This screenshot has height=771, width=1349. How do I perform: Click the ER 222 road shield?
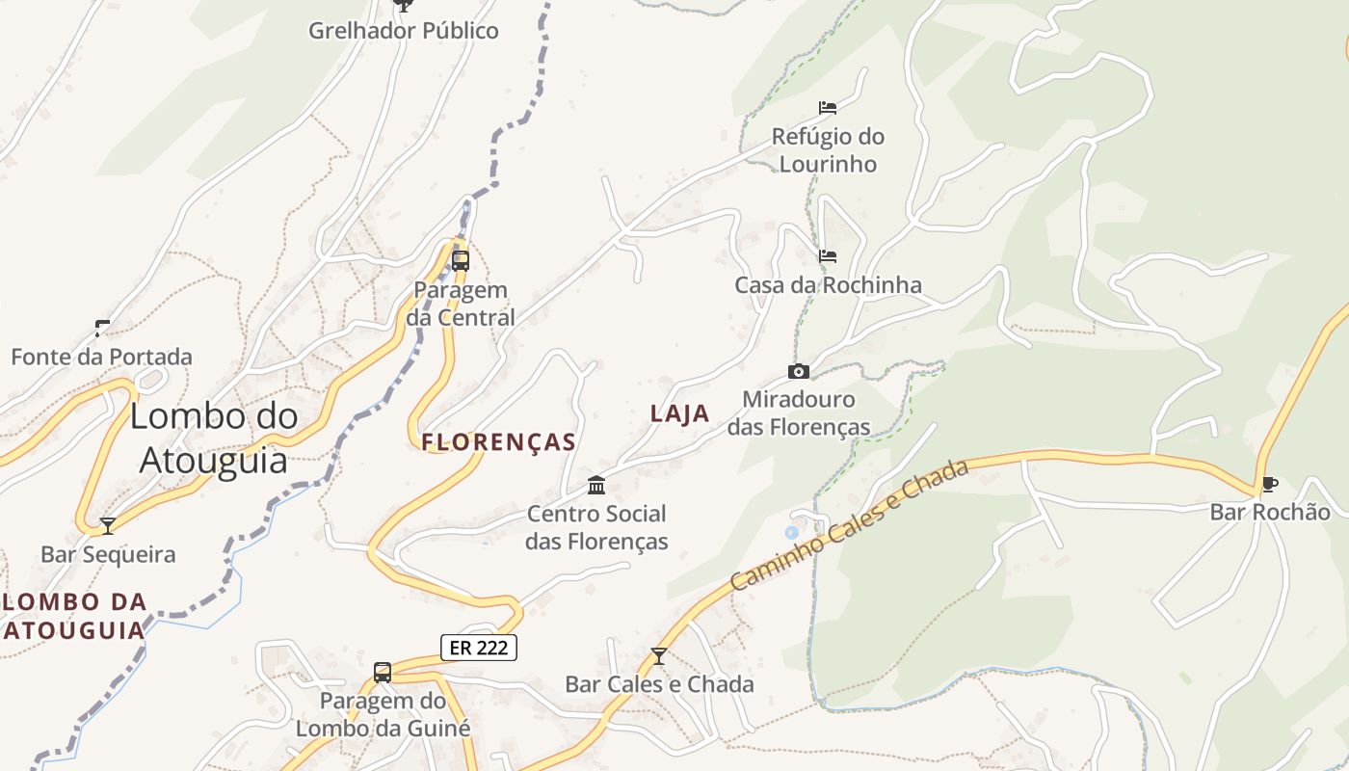(x=479, y=648)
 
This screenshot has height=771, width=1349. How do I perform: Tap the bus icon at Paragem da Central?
(x=461, y=260)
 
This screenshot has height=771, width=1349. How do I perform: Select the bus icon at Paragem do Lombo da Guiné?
(x=383, y=672)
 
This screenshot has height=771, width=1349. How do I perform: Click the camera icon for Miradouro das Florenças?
(x=798, y=371)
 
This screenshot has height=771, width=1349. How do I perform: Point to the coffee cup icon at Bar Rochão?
(x=1269, y=484)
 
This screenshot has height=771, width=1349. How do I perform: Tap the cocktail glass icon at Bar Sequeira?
(x=108, y=525)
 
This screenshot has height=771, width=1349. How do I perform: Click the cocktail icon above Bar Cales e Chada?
(x=659, y=656)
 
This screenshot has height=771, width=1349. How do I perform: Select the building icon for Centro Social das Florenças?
(x=596, y=485)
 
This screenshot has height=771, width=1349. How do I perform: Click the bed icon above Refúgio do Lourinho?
(x=828, y=107)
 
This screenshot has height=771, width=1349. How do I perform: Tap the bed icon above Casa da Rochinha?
(x=828, y=256)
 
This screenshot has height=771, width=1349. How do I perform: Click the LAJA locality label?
(x=679, y=413)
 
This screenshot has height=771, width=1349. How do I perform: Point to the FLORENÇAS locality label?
(x=498, y=442)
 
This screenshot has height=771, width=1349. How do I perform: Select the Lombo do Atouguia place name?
(x=214, y=439)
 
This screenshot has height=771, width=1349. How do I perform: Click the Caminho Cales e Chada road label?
(x=848, y=526)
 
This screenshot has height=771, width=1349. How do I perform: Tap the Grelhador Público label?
(x=404, y=31)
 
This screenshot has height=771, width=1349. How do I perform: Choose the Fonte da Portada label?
(x=101, y=357)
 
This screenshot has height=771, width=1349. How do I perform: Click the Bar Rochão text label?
(x=1270, y=512)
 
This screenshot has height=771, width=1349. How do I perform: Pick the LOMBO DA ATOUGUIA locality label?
(x=75, y=616)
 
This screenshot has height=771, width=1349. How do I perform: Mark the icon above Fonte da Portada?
(x=102, y=328)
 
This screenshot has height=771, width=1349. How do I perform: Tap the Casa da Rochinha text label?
(x=828, y=285)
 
